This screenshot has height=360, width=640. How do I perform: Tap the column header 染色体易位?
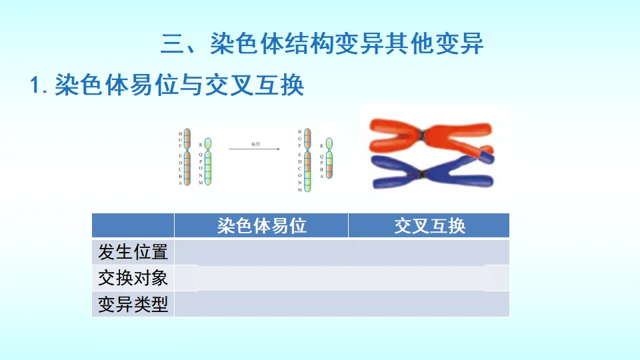point(261,225)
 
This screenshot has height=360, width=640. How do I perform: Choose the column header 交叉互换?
point(429,225)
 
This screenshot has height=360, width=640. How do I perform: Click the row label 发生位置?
point(133,252)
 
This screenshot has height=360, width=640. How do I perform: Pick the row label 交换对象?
point(133,278)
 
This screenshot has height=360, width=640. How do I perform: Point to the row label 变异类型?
point(133,304)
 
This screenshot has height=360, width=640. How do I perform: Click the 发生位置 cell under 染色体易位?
point(261,252)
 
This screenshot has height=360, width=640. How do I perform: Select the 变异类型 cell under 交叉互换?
point(429,304)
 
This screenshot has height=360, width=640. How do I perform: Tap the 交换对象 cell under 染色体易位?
point(261,278)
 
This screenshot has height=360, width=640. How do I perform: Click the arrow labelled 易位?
point(254,149)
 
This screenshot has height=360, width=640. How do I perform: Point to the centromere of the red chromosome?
point(422,136)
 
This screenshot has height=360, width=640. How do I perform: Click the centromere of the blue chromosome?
point(421,174)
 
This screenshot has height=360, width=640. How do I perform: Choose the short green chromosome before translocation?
point(208,161)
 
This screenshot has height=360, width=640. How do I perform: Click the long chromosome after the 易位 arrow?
point(307,160)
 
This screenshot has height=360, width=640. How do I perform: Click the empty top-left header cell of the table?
point(133,225)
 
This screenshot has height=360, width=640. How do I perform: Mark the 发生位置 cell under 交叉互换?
point(429,252)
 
